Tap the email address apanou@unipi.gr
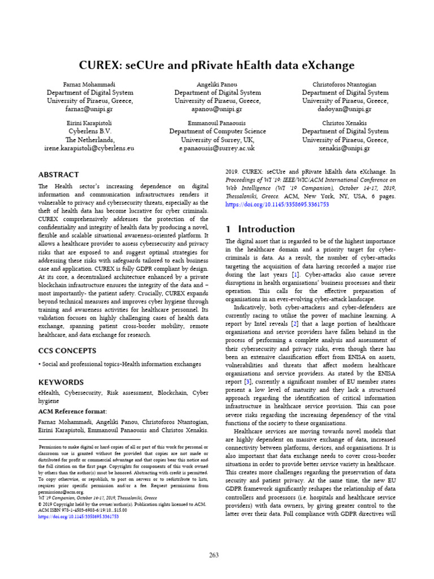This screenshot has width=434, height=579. coord(218,109)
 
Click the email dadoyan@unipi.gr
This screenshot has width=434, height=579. coord(345,109)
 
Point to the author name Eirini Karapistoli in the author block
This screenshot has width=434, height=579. coord(89,123)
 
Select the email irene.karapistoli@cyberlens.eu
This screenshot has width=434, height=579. coord(89,148)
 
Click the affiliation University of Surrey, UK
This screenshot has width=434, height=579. coord(218,140)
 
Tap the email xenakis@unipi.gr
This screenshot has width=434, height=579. coord(345,148)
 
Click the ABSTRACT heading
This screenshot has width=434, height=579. coord(58,175)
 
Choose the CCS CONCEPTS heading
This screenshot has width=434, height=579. coord(67,351)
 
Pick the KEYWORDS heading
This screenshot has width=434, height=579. coord(60,382)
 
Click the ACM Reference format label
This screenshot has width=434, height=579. coord(72,411)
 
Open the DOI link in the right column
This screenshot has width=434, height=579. coord(276,205)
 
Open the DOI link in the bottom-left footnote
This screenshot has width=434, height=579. coord(79,516)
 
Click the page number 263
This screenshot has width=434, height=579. coord(214,555)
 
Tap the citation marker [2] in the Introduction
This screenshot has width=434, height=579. coord(294,323)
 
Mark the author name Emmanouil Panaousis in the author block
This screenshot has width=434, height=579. coord(218,123)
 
